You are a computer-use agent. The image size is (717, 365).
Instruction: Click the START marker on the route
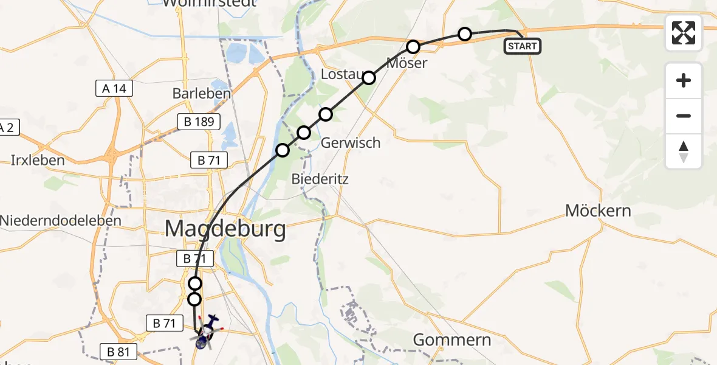tap(522, 46)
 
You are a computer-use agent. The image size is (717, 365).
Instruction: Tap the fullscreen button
tap(684, 33)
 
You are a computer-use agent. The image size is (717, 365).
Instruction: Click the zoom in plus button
tap(684, 80)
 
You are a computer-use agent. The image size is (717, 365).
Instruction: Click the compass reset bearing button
tap(684, 151)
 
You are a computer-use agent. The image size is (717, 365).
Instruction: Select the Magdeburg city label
tap(225, 229)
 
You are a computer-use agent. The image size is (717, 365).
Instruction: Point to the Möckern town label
tap(598, 211)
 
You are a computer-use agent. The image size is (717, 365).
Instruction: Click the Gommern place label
tap(451, 339)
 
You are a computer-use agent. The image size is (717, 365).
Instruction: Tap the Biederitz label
tap(329, 179)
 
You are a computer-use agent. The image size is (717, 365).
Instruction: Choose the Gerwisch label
tap(350, 143)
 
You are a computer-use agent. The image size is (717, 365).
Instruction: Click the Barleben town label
tap(202, 94)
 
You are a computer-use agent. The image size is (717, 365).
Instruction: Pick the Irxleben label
tap(38, 161)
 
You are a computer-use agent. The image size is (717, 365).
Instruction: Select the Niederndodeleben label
tap(61, 220)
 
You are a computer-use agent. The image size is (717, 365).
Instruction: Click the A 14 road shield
tap(114, 89)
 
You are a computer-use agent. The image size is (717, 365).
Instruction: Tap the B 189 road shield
tap(199, 122)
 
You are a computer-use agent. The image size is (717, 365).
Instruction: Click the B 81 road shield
tap(119, 351)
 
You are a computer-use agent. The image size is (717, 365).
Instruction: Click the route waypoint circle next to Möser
tap(413, 47)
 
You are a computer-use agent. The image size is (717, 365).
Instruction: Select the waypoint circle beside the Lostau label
tap(369, 77)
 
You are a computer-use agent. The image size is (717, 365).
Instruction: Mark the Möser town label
tap(408, 63)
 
